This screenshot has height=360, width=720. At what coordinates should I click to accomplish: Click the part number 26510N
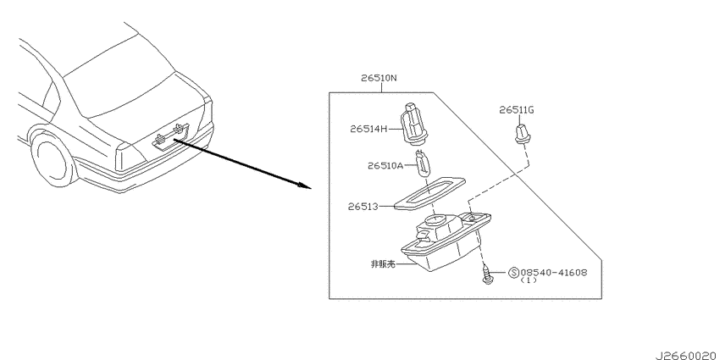379,78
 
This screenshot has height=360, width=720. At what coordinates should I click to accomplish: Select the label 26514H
368,129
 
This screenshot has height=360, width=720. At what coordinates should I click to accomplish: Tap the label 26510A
385,165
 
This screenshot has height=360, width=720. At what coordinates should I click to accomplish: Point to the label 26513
363,207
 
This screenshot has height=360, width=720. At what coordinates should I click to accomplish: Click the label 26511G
517,110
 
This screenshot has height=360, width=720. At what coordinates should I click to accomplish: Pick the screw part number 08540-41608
554,272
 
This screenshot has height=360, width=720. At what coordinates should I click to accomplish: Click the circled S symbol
514,273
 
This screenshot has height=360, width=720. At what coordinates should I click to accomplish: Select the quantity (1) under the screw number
528,280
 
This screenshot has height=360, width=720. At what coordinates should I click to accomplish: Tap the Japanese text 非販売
383,264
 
